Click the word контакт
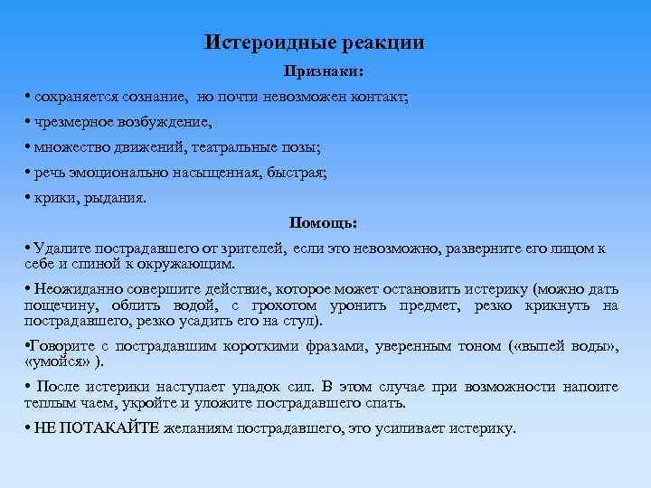380,95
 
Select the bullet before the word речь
29,172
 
